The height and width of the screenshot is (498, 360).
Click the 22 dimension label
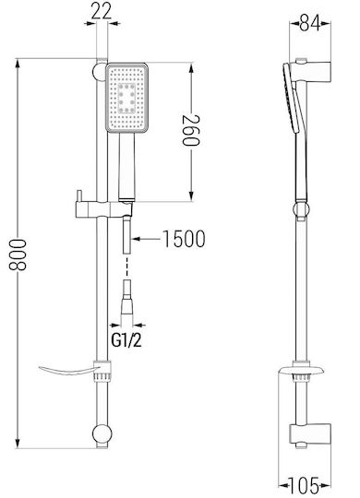(102, 11)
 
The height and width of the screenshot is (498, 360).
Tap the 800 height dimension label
(18, 255)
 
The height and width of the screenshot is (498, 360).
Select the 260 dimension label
(191, 130)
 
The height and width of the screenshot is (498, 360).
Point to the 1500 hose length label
(184, 239)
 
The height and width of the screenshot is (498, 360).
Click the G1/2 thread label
(126, 341)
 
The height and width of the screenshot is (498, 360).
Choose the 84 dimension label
(309, 22)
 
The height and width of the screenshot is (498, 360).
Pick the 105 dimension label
(304, 486)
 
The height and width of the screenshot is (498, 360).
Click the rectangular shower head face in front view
(126, 98)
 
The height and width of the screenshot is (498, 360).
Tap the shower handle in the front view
(126, 166)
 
